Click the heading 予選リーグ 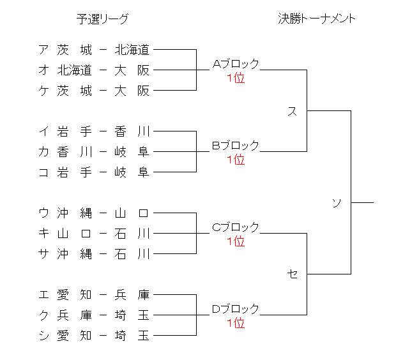pyautogui.click(x=102, y=19)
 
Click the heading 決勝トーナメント pyautogui.click(x=317, y=19)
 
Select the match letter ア pyautogui.click(x=43, y=49)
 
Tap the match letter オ pyautogui.click(x=43, y=70)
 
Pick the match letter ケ pyautogui.click(x=43, y=90)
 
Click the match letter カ pyautogui.click(x=43, y=151)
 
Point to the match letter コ pyautogui.click(x=43, y=172)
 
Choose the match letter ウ pyautogui.click(x=43, y=213)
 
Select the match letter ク pyautogui.click(x=43, y=315)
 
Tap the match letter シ pyautogui.click(x=43, y=335)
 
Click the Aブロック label pyautogui.click(x=236, y=64)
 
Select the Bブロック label pyautogui.click(x=236, y=146)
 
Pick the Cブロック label pyautogui.click(x=236, y=227)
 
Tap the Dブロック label pyautogui.click(x=236, y=309)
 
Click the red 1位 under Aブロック pyautogui.click(x=236, y=79)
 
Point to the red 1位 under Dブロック pyautogui.click(x=236, y=324)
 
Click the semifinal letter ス pyautogui.click(x=293, y=111)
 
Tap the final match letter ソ pyautogui.click(x=337, y=203)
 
